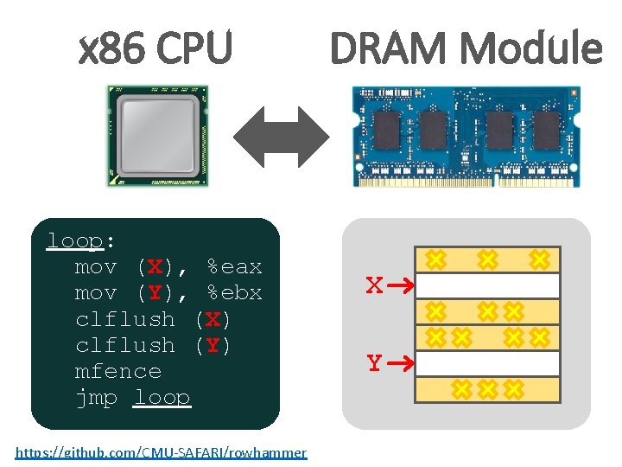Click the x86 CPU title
click(x=155, y=48)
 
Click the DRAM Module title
click(x=466, y=48)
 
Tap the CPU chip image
click(x=157, y=136)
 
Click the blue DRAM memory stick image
click(x=465, y=136)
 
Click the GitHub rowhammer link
click(x=161, y=452)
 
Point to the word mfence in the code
click(x=118, y=371)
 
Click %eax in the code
click(x=234, y=266)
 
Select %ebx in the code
click(x=234, y=293)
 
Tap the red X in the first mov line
click(x=155, y=266)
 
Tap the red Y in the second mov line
click(x=155, y=293)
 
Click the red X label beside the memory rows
click(x=373, y=285)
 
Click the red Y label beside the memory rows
click(x=373, y=364)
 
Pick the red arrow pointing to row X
click(x=400, y=285)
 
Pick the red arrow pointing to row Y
click(x=400, y=364)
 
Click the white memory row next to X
click(x=488, y=285)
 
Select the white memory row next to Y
click(x=488, y=363)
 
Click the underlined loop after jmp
click(x=162, y=398)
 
